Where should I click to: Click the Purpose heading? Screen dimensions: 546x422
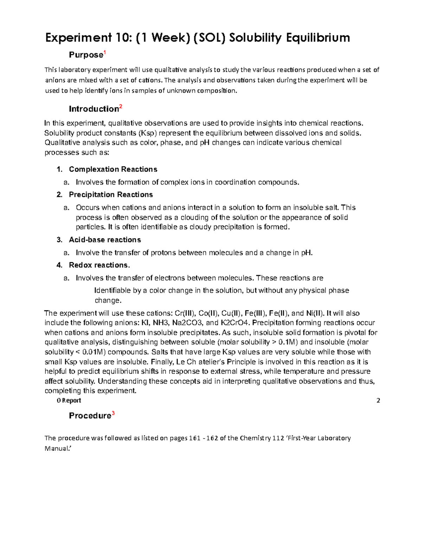point(85,55)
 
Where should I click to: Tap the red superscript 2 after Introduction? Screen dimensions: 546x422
point(121,107)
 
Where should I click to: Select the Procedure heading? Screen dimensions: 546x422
point(90,416)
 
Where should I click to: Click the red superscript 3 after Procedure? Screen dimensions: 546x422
point(113,413)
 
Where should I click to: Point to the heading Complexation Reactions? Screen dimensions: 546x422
point(113,169)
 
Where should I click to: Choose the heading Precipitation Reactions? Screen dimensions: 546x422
point(111,195)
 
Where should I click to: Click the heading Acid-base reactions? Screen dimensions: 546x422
point(105,240)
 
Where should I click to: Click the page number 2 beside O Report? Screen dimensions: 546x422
point(378,400)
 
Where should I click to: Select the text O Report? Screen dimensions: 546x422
point(69,400)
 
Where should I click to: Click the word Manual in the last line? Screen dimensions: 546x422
point(57,449)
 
